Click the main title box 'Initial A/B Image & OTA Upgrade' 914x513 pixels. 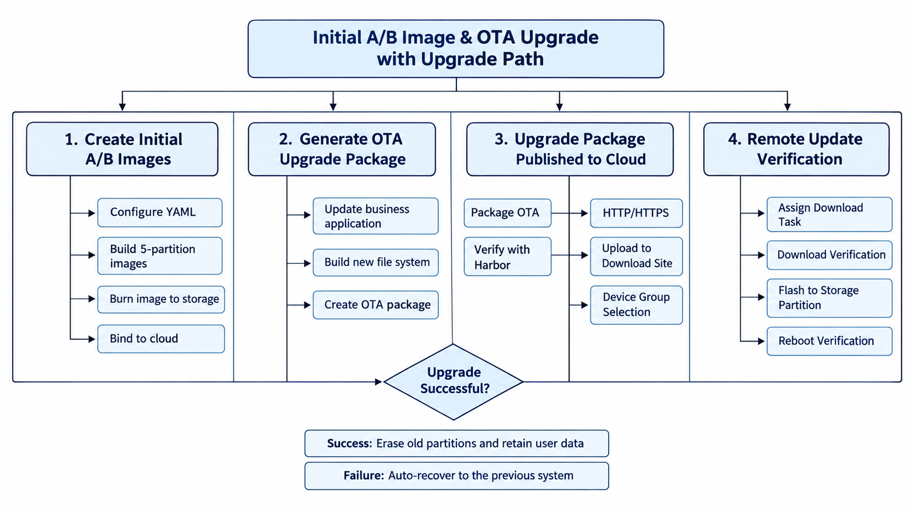(456, 49)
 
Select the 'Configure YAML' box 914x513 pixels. (160, 213)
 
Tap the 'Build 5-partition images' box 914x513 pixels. (160, 256)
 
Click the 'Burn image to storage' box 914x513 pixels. (161, 299)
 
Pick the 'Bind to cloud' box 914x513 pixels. (161, 339)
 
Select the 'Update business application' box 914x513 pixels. (376, 216)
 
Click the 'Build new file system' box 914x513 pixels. (376, 262)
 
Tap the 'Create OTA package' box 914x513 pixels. (376, 305)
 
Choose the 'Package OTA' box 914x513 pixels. (508, 213)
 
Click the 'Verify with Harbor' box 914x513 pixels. (508, 257)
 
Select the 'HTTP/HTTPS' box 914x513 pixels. (636, 213)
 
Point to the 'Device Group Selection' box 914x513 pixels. (636, 305)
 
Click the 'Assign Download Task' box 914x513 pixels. (829, 214)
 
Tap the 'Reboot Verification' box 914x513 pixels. (829, 341)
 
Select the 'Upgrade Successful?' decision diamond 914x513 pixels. (453, 381)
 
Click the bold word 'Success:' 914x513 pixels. (349, 443)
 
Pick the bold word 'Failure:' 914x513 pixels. (364, 475)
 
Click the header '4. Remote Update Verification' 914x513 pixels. (796, 149)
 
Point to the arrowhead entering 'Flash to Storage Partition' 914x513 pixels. (761, 297)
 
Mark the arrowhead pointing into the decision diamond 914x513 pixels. (378, 381)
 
